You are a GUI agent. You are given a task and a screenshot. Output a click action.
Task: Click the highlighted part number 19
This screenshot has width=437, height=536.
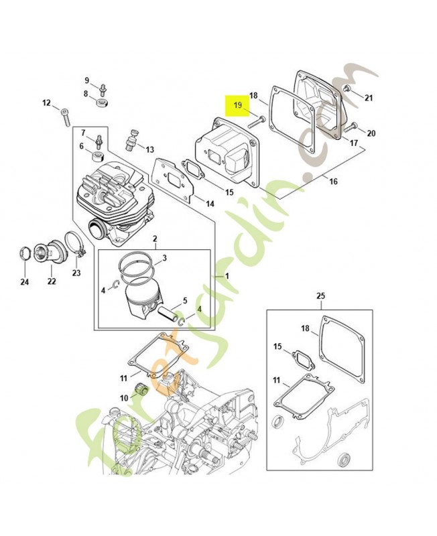click(x=237, y=105)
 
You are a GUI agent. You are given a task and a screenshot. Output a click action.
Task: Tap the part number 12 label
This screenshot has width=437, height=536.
click(x=46, y=103)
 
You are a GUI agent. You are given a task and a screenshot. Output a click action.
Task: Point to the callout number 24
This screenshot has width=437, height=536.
click(x=24, y=282)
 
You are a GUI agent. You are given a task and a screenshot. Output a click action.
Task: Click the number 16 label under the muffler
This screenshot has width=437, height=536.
click(x=333, y=181)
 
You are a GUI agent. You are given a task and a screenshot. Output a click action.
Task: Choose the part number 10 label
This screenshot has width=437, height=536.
click(x=123, y=398)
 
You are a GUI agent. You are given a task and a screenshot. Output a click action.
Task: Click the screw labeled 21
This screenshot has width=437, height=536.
click(x=348, y=90)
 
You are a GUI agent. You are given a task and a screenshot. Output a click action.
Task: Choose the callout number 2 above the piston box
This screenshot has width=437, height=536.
click(x=155, y=239)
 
